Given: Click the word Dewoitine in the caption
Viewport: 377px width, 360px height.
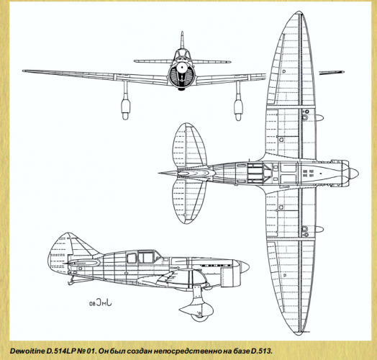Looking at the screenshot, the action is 27,351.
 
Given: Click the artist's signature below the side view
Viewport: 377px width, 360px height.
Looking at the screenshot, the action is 101,302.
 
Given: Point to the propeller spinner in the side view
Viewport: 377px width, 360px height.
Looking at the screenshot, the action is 244,267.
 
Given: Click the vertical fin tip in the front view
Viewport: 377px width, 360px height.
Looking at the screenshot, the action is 182,32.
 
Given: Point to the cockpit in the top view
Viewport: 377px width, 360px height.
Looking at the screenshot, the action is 255,173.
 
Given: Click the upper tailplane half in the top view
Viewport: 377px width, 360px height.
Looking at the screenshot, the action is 190,145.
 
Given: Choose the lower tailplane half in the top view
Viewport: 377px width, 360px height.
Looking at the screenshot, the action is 189,202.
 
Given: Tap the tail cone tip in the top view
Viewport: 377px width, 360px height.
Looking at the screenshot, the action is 159,173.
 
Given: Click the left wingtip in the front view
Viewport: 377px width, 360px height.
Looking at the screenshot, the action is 24,71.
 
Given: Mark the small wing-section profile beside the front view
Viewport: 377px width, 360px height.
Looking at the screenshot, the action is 332,73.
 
